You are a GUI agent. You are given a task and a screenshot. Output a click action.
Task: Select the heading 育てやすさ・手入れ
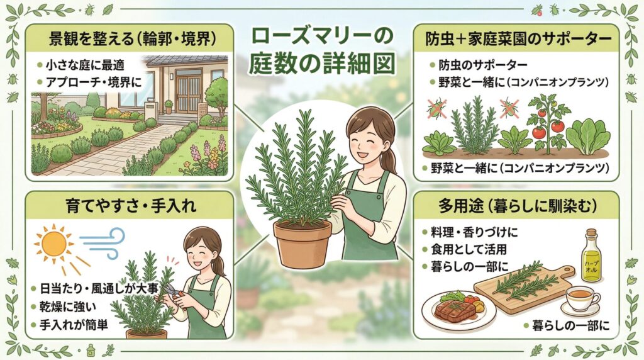131,205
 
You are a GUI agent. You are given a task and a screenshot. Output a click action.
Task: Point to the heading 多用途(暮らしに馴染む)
517,205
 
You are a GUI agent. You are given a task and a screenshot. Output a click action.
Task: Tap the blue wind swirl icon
103,242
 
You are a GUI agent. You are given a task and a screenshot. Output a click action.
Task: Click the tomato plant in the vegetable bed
548,123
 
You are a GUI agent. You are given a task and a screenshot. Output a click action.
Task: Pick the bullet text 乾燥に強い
68,307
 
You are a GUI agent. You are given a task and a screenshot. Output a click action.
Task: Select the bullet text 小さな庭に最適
85,65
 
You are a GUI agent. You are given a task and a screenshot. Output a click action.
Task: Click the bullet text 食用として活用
469,249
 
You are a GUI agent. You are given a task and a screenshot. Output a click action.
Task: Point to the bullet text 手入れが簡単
74,325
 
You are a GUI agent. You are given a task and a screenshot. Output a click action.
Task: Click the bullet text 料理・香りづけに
474,232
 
